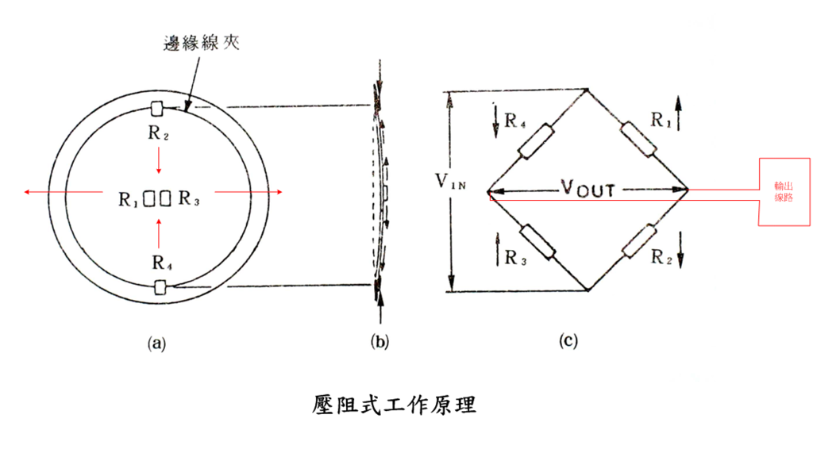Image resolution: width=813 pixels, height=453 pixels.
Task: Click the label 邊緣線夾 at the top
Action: click(x=202, y=43)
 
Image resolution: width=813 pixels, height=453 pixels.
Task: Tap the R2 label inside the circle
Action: click(x=158, y=133)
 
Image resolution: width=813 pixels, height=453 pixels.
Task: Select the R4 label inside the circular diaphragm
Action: click(x=162, y=263)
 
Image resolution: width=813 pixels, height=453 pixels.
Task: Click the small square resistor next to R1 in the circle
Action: click(x=149, y=198)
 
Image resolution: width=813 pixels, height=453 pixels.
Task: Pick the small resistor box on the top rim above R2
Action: click(x=156, y=109)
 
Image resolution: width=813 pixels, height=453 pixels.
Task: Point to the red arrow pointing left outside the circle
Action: click(x=64, y=192)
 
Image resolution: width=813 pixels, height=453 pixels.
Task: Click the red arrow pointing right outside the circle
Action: click(x=249, y=192)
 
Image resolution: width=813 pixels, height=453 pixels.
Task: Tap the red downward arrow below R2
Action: click(x=159, y=160)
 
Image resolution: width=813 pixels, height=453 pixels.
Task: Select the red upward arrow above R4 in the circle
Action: click(x=159, y=232)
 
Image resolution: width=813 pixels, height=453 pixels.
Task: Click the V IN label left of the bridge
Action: click(x=451, y=182)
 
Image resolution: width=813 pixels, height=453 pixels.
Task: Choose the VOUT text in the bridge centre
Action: click(x=588, y=188)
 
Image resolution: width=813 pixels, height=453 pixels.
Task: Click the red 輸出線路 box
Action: click(x=784, y=192)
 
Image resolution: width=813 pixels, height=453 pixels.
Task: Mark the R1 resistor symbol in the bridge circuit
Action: click(x=639, y=139)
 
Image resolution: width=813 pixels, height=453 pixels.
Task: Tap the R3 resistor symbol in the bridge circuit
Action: click(x=538, y=242)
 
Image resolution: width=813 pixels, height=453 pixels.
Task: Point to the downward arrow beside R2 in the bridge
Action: click(x=680, y=250)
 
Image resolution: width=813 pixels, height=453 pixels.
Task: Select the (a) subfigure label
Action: click(x=156, y=343)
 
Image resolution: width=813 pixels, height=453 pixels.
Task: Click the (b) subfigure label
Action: click(x=380, y=342)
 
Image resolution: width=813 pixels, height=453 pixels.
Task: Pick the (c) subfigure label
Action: click(x=568, y=340)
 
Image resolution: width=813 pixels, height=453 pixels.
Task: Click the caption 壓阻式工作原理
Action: click(x=394, y=405)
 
